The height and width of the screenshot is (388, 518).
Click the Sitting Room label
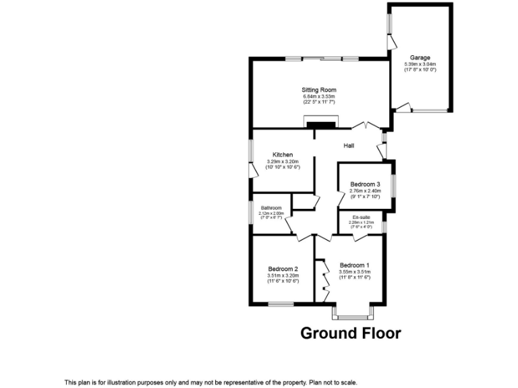pos(319,90)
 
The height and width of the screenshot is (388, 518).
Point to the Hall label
pos(349,146)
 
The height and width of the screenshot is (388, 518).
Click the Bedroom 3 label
pos(365,185)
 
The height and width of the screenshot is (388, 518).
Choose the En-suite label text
pos(361,217)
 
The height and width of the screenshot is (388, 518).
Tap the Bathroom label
pos(271,207)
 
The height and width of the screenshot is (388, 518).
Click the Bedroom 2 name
pos(283,268)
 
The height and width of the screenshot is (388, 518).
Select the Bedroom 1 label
pos(355,265)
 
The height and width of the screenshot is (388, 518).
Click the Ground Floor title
pos(350,333)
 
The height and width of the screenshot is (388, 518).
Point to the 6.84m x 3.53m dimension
pos(319,96)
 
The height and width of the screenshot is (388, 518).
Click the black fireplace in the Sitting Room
pos(320,124)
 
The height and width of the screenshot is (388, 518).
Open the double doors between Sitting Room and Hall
pos(364,126)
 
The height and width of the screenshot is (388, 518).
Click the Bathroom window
pos(250,213)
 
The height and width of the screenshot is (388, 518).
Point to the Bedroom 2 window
pos(281,304)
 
